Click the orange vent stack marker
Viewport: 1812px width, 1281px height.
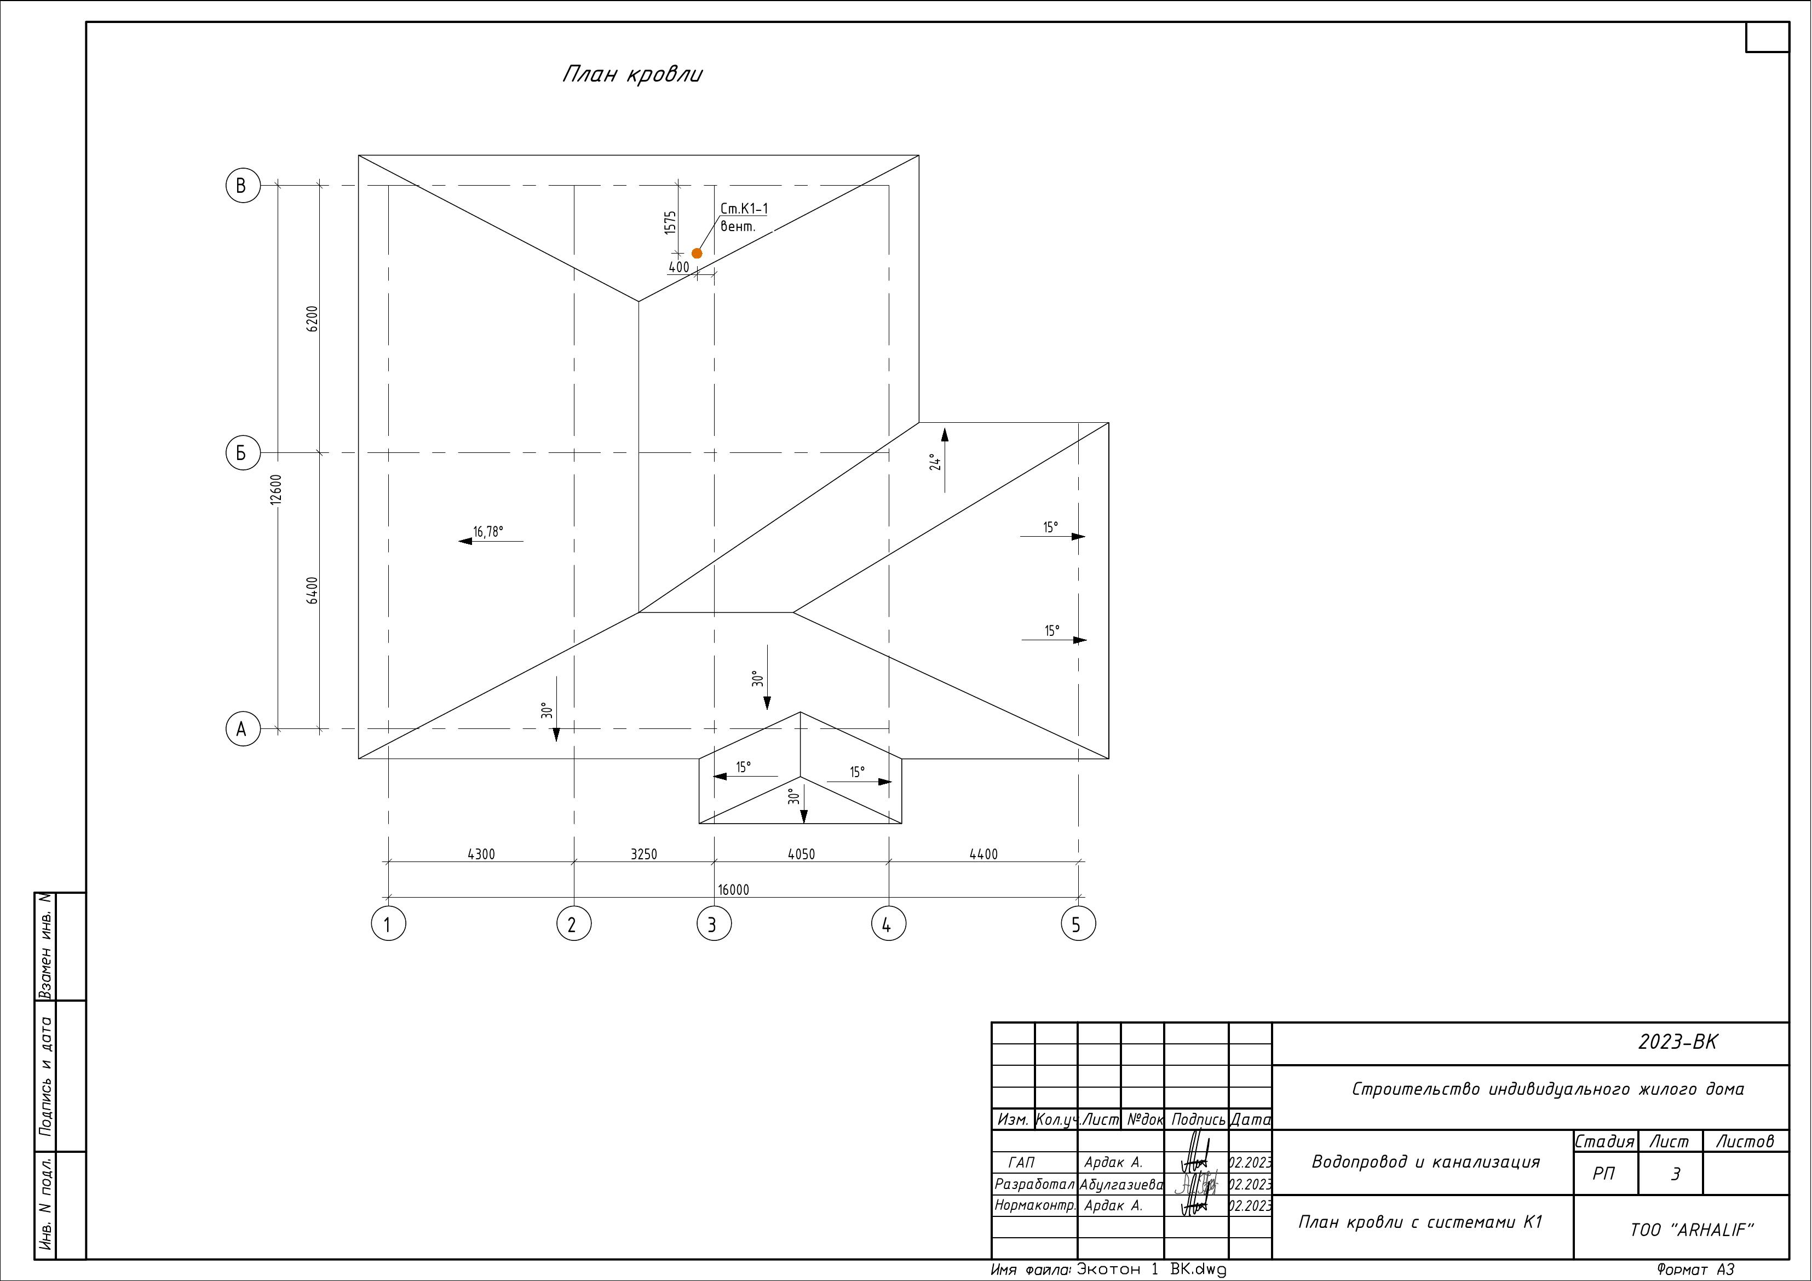pyautogui.click(x=697, y=254)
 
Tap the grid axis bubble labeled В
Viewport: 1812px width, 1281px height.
pyautogui.click(x=242, y=186)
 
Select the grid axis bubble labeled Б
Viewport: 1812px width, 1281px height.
pyautogui.click(x=242, y=453)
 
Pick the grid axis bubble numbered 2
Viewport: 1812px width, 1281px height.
pyautogui.click(x=574, y=924)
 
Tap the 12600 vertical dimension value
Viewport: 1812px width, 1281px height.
pyautogui.click(x=275, y=490)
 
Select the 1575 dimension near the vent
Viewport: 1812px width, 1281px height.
pyautogui.click(x=671, y=222)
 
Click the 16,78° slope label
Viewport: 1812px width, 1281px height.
pyautogui.click(x=488, y=531)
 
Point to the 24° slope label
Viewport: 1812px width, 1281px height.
pyautogui.click(x=935, y=462)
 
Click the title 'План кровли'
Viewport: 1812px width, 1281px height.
pyautogui.click(x=632, y=74)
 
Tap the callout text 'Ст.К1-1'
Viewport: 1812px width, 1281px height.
pyautogui.click(x=744, y=209)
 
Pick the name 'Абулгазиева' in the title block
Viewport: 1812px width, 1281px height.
pyautogui.click(x=1121, y=1185)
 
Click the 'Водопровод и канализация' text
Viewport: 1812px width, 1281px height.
pyautogui.click(x=1425, y=1162)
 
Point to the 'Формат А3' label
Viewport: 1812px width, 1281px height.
pyautogui.click(x=1696, y=1270)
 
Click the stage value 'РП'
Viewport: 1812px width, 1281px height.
pyautogui.click(x=1604, y=1174)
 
